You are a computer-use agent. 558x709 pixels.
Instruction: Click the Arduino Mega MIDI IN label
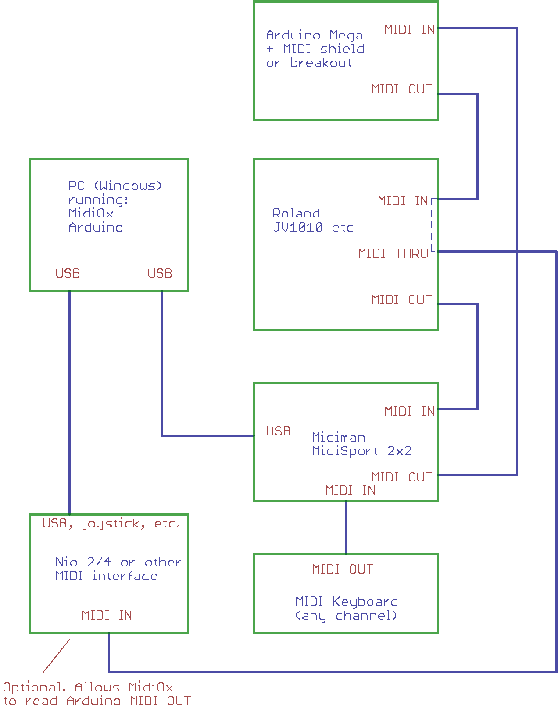pos(409,30)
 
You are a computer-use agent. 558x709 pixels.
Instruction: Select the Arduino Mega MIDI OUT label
pos(401,89)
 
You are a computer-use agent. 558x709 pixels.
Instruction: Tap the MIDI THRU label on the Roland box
pos(393,253)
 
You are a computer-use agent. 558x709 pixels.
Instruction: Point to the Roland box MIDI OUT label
pos(401,299)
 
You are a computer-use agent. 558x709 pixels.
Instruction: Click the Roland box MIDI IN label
pos(403,201)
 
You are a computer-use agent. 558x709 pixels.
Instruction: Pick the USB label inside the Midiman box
pos(278,431)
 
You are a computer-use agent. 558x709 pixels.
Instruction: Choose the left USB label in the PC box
pos(68,273)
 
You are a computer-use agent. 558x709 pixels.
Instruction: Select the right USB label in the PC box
pos(160,273)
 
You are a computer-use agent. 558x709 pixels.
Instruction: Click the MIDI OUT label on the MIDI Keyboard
pos(342,569)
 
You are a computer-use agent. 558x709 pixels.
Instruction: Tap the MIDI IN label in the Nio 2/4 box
pos(107,615)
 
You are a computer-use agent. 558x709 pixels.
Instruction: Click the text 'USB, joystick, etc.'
pos(111,524)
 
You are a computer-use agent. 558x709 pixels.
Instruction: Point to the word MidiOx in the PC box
pos(91,214)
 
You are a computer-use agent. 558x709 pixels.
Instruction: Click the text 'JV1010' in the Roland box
pos(298,227)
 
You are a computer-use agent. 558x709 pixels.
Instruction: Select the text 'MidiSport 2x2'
pos(361,451)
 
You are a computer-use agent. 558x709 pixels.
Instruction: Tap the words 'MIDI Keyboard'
pos(347,602)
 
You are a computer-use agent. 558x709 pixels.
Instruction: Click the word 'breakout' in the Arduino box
pos(321,63)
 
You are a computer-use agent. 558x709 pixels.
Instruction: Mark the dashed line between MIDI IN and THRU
pos(432,226)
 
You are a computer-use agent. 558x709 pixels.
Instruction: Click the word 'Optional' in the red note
pos(34,687)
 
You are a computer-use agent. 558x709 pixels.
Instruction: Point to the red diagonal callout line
pos(56,656)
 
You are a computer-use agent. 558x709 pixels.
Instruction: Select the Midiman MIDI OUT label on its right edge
pos(401,477)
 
